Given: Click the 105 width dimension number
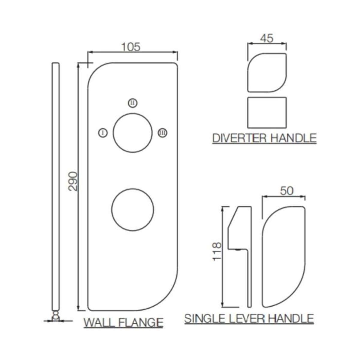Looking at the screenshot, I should [x=131, y=47].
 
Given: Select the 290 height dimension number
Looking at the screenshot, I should [x=73, y=181].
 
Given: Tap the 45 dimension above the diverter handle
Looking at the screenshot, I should [x=267, y=38].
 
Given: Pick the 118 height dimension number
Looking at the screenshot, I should [x=217, y=251].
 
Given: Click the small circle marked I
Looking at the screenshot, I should [x=103, y=133].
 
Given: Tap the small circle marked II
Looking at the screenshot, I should [x=133, y=103].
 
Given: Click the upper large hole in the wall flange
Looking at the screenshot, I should [x=133, y=133].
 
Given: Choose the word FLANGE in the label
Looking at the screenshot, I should [x=141, y=322].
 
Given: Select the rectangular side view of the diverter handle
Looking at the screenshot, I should [x=267, y=112].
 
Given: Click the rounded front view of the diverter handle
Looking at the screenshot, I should [x=267, y=73].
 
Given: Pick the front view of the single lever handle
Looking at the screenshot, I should [x=283, y=256].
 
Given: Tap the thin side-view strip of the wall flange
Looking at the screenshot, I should [x=55, y=186].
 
